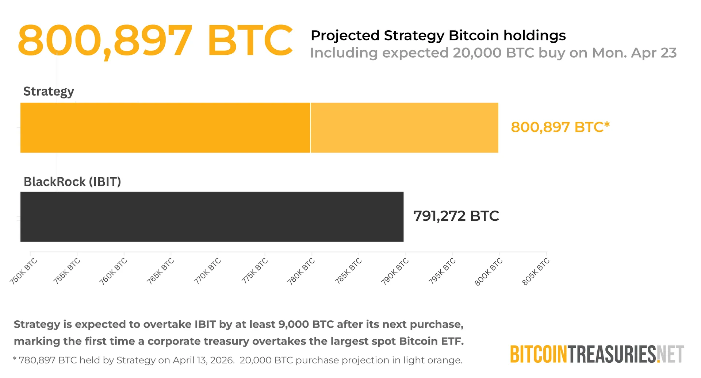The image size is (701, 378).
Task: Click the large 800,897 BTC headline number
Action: click(155, 40)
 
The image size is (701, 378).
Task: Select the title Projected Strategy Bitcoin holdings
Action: click(438, 35)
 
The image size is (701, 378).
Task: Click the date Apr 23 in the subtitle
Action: click(654, 53)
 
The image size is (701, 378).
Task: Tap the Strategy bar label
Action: click(49, 91)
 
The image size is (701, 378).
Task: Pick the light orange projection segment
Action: click(404, 128)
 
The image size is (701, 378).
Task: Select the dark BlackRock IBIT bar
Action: click(212, 217)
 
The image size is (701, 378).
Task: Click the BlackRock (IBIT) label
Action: click(72, 182)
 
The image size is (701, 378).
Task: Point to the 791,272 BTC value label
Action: click(456, 216)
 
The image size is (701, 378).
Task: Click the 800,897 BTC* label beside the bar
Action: click(560, 127)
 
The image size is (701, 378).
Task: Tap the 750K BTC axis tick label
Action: click(24, 271)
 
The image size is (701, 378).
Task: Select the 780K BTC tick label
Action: click(301, 271)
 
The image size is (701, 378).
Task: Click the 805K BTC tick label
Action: click(536, 271)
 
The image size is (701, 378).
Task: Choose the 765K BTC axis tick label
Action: click(160, 271)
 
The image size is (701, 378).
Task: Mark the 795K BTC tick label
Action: click(442, 271)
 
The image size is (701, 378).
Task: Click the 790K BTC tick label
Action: click(395, 271)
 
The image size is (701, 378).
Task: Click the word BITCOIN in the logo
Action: click(539, 354)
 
